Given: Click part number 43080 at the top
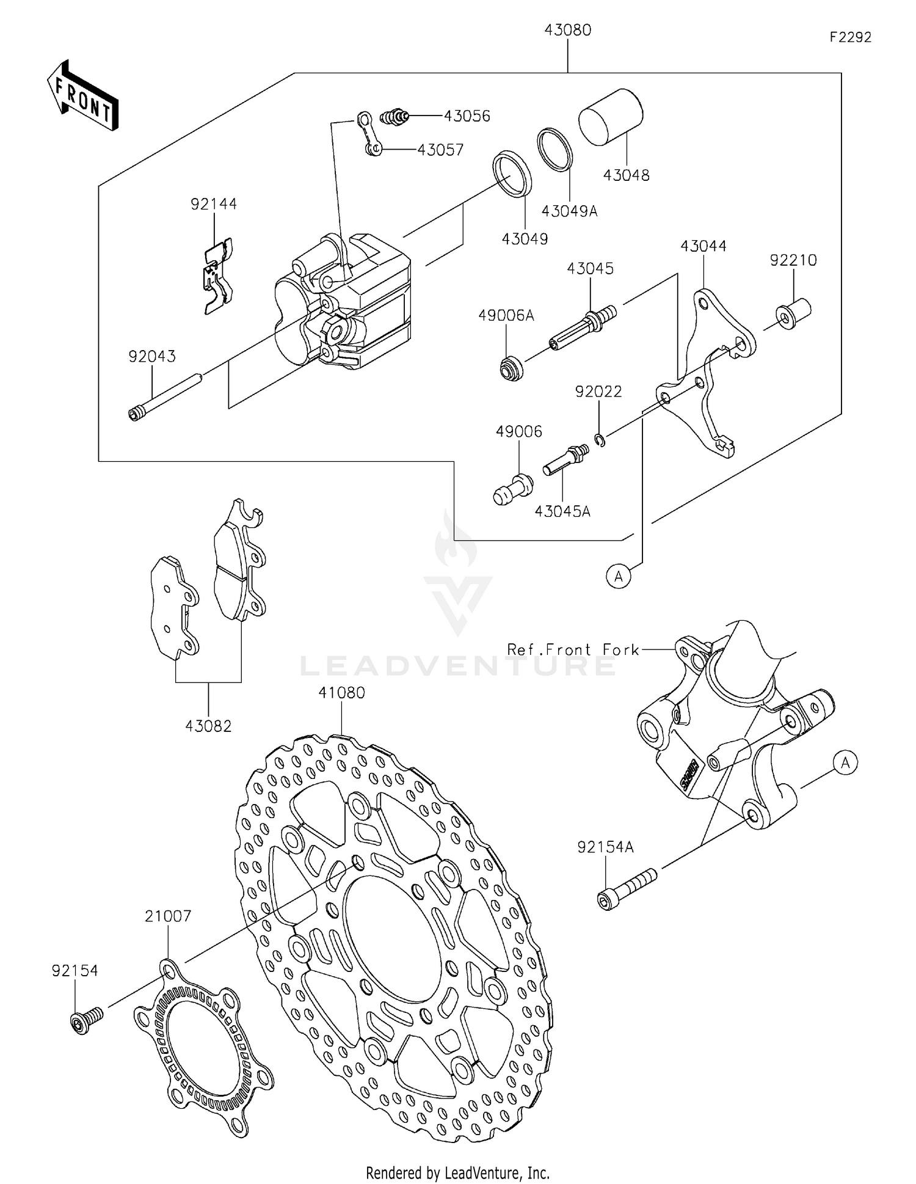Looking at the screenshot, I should [x=568, y=31].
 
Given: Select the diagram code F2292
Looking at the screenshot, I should [x=850, y=38].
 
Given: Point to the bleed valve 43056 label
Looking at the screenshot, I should [x=467, y=116].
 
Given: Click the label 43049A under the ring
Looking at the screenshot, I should [x=569, y=211].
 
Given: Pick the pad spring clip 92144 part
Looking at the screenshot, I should [x=218, y=275].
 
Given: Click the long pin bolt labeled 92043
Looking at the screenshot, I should [x=165, y=396].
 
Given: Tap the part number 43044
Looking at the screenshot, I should [x=703, y=246].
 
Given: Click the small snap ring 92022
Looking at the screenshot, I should [x=600, y=440].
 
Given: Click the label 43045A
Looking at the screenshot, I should [x=562, y=511].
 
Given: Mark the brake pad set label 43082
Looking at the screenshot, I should [x=208, y=726].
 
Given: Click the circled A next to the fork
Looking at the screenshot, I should [x=845, y=763].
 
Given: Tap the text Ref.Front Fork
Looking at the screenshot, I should [x=573, y=649].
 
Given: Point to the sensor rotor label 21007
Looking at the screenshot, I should [x=168, y=916].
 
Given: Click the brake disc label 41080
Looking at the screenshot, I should [x=341, y=693].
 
